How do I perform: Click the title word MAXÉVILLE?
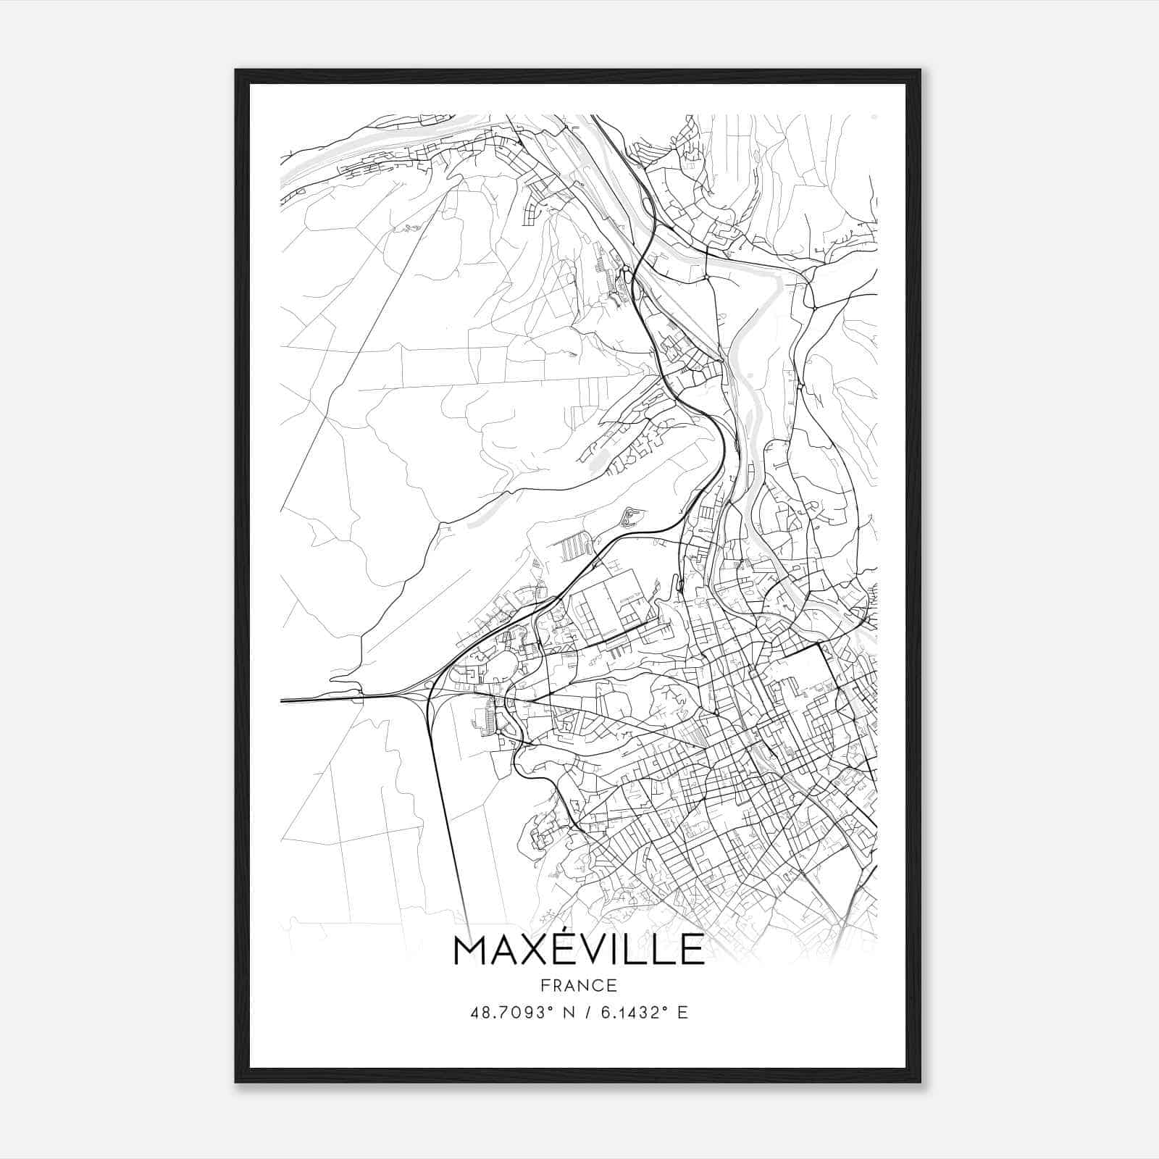tap(578, 950)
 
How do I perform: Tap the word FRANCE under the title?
tap(578, 985)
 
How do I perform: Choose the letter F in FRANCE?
tap(544, 985)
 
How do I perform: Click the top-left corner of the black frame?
tap(237, 71)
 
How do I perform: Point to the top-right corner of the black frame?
tap(919, 71)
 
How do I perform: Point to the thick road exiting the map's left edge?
tap(304, 700)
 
